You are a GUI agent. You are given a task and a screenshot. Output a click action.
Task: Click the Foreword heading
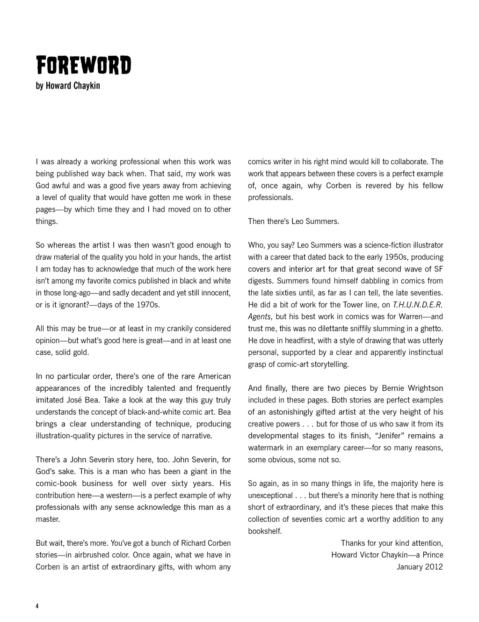click(x=83, y=66)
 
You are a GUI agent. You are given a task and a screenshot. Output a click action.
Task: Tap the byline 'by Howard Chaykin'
click(x=68, y=86)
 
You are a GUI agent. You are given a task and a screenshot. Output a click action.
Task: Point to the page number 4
click(x=37, y=606)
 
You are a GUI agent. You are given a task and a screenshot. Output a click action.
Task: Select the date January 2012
click(x=420, y=567)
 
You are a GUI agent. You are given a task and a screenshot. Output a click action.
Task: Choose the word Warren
click(x=399, y=316)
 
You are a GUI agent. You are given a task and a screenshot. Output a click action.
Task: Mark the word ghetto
click(x=431, y=329)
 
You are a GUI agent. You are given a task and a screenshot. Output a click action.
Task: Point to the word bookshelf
click(x=264, y=531)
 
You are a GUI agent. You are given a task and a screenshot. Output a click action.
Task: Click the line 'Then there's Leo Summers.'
click(x=293, y=221)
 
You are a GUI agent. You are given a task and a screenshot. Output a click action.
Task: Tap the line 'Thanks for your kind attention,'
click(x=392, y=543)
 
